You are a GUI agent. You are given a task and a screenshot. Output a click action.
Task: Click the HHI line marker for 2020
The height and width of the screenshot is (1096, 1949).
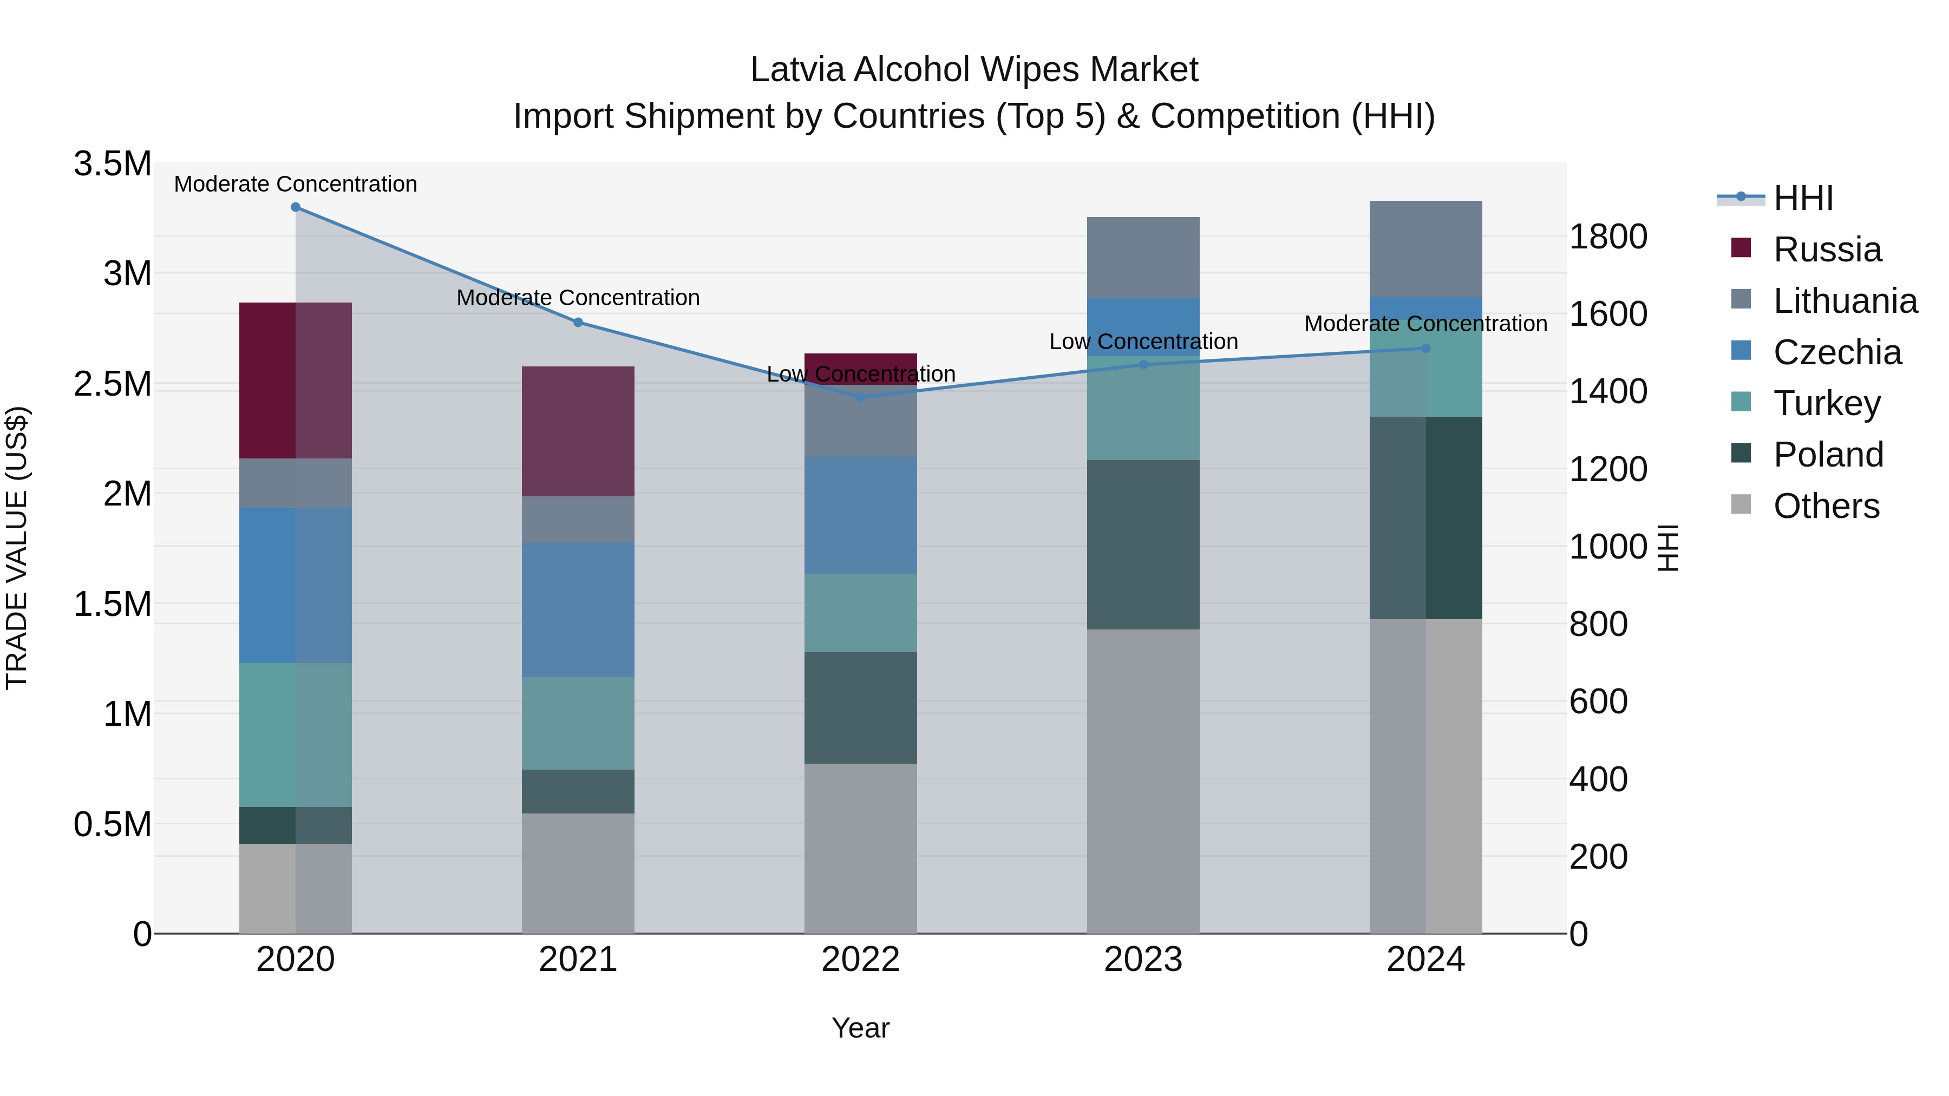point(295,207)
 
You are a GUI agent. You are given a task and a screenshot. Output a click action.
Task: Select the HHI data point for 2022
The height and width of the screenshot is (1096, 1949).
point(860,397)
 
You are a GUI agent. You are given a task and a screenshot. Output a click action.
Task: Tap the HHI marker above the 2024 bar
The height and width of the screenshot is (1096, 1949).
point(1425,349)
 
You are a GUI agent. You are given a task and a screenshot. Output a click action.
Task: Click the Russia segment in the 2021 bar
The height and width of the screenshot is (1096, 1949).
point(578,431)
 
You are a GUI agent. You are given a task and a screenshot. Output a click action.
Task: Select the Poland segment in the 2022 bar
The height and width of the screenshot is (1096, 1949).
point(860,707)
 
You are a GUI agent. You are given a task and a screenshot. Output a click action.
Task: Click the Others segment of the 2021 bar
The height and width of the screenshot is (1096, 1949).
point(578,873)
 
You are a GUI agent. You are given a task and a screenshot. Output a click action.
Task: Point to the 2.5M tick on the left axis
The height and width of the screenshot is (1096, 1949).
point(113,384)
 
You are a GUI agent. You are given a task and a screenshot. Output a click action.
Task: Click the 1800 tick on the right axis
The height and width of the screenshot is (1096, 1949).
point(1608,237)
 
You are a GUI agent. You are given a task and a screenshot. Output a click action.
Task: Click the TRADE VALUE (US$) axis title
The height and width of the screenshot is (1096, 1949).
point(17,548)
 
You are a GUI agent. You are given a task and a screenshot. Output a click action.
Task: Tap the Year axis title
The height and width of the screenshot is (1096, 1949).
point(860,1028)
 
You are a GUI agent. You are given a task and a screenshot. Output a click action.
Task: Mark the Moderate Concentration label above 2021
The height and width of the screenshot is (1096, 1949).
point(578,298)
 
